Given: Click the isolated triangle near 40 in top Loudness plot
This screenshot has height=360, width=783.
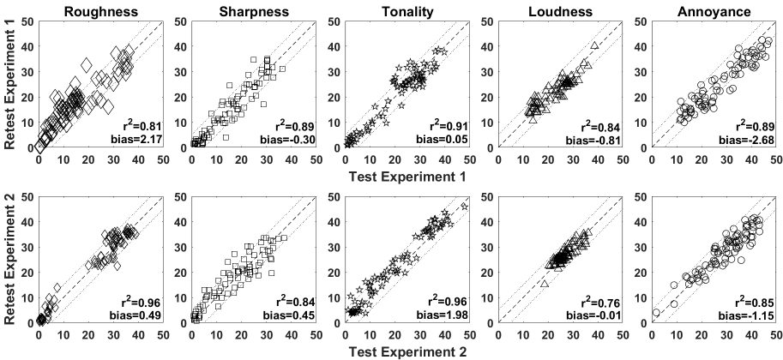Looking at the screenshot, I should tap(595, 45).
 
